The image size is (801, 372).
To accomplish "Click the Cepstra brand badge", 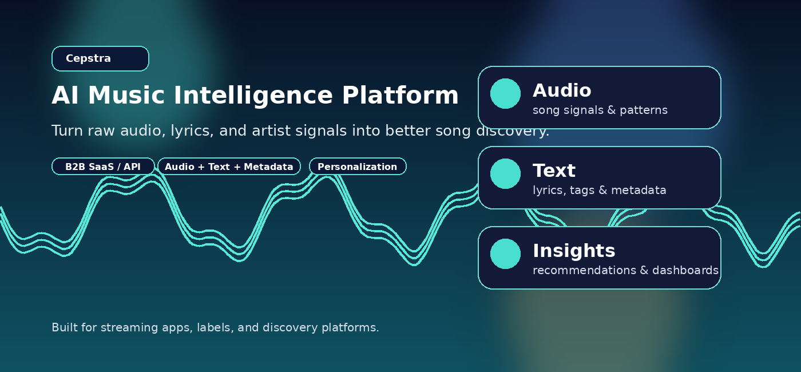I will coord(100,59).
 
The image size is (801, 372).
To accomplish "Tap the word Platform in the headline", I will coord(400,96).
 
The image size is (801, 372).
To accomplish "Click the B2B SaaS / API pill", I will coord(103,167).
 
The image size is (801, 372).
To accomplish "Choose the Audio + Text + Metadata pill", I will coord(229,167).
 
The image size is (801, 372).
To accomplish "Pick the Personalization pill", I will coord(358,167).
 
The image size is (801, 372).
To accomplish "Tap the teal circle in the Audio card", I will coord(506,94).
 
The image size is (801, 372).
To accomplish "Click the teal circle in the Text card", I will coord(506,174).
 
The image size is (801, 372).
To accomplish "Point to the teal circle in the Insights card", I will coord(506,254).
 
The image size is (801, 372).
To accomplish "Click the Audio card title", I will coord(562,90).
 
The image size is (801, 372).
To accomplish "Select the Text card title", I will coord(554,171).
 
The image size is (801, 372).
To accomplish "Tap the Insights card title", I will coord(574,251).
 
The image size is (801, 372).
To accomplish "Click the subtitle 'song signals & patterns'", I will coord(600,110).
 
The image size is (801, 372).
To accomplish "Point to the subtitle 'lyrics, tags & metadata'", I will coord(600,190).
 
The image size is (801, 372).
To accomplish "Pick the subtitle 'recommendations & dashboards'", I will coord(625,270).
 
